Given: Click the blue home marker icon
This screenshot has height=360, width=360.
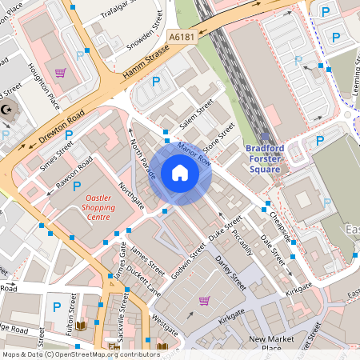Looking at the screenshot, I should pos(180,173).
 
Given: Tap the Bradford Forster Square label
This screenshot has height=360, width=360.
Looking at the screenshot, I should pos(264,158).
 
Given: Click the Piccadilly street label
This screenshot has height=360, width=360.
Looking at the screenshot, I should pos(242,240).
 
